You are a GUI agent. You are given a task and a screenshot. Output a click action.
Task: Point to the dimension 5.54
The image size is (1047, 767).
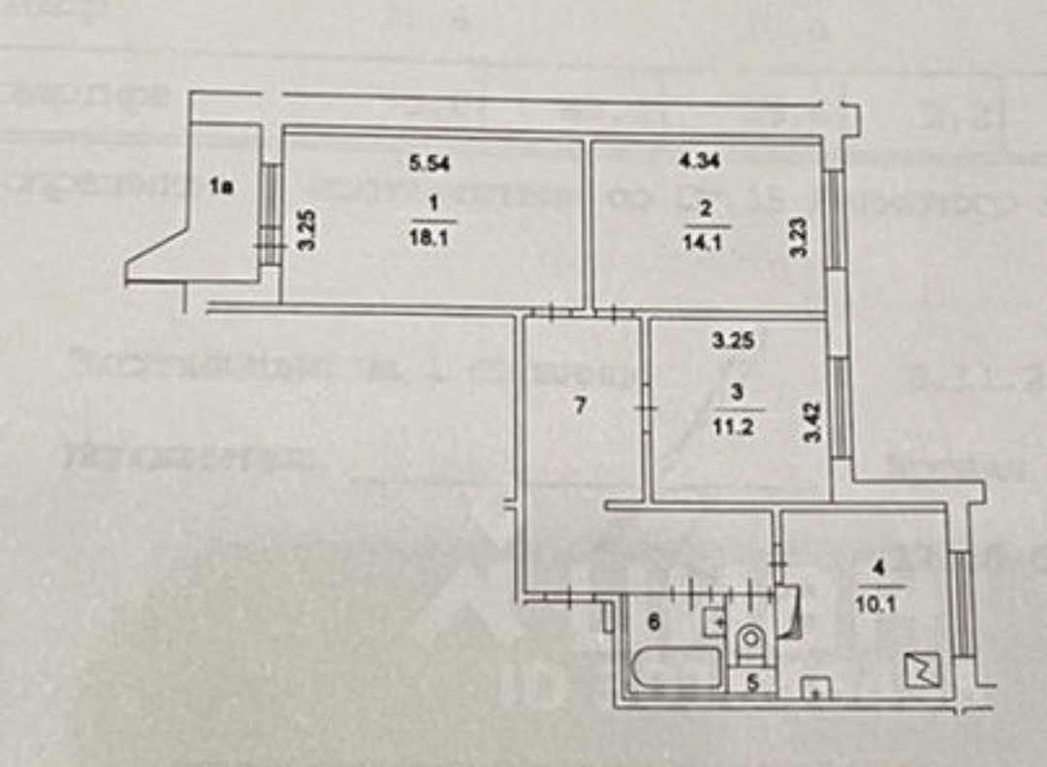click(427, 164)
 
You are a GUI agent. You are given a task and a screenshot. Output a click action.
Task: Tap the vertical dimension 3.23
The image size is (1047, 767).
click(797, 237)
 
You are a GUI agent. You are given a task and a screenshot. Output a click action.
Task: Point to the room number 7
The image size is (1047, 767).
click(580, 407)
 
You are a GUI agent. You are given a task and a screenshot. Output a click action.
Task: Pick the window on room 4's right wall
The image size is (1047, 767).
click(961, 600)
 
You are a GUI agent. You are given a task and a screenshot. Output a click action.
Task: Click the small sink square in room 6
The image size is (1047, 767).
click(714, 621)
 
